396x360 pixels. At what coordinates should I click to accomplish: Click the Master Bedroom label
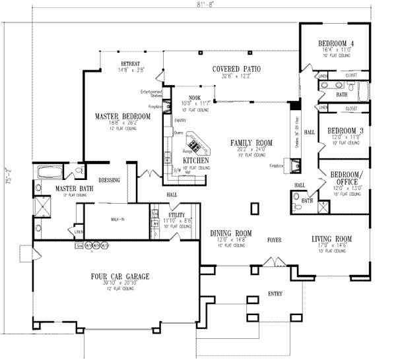121,117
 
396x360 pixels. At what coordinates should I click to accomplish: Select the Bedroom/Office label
344,177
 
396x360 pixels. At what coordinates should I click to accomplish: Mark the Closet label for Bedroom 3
351,107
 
